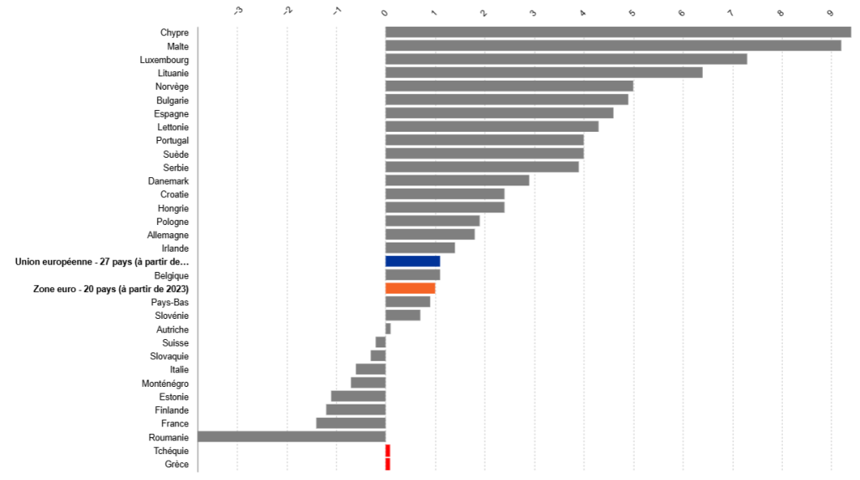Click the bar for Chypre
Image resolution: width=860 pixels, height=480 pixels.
[617, 33]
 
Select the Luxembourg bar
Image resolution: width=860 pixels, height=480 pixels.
[565, 60]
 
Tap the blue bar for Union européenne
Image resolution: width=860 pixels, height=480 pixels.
[412, 262]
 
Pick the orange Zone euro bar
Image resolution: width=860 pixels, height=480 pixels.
[410, 289]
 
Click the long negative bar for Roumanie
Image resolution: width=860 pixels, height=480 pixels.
[291, 437]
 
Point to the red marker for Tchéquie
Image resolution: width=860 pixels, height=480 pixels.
[388, 451]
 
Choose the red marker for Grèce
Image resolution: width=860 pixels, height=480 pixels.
[388, 464]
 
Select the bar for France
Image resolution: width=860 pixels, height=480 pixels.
[351, 424]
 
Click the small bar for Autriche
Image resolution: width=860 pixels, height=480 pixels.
[388, 329]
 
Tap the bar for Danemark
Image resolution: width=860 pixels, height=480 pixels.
[457, 181]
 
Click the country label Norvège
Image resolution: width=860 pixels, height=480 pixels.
[172, 86]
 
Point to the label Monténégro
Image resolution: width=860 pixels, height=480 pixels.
[165, 383]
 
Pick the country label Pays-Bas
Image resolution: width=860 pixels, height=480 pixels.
[170, 302]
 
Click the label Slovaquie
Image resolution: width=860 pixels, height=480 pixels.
[170, 356]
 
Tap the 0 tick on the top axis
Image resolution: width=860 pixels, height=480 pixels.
[385, 13]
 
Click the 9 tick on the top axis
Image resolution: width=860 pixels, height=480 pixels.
[831, 13]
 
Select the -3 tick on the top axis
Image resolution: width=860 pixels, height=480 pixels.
[239, 11]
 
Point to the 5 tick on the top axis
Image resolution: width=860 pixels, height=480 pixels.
[632, 13]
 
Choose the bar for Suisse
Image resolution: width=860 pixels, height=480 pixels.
[380, 342]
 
